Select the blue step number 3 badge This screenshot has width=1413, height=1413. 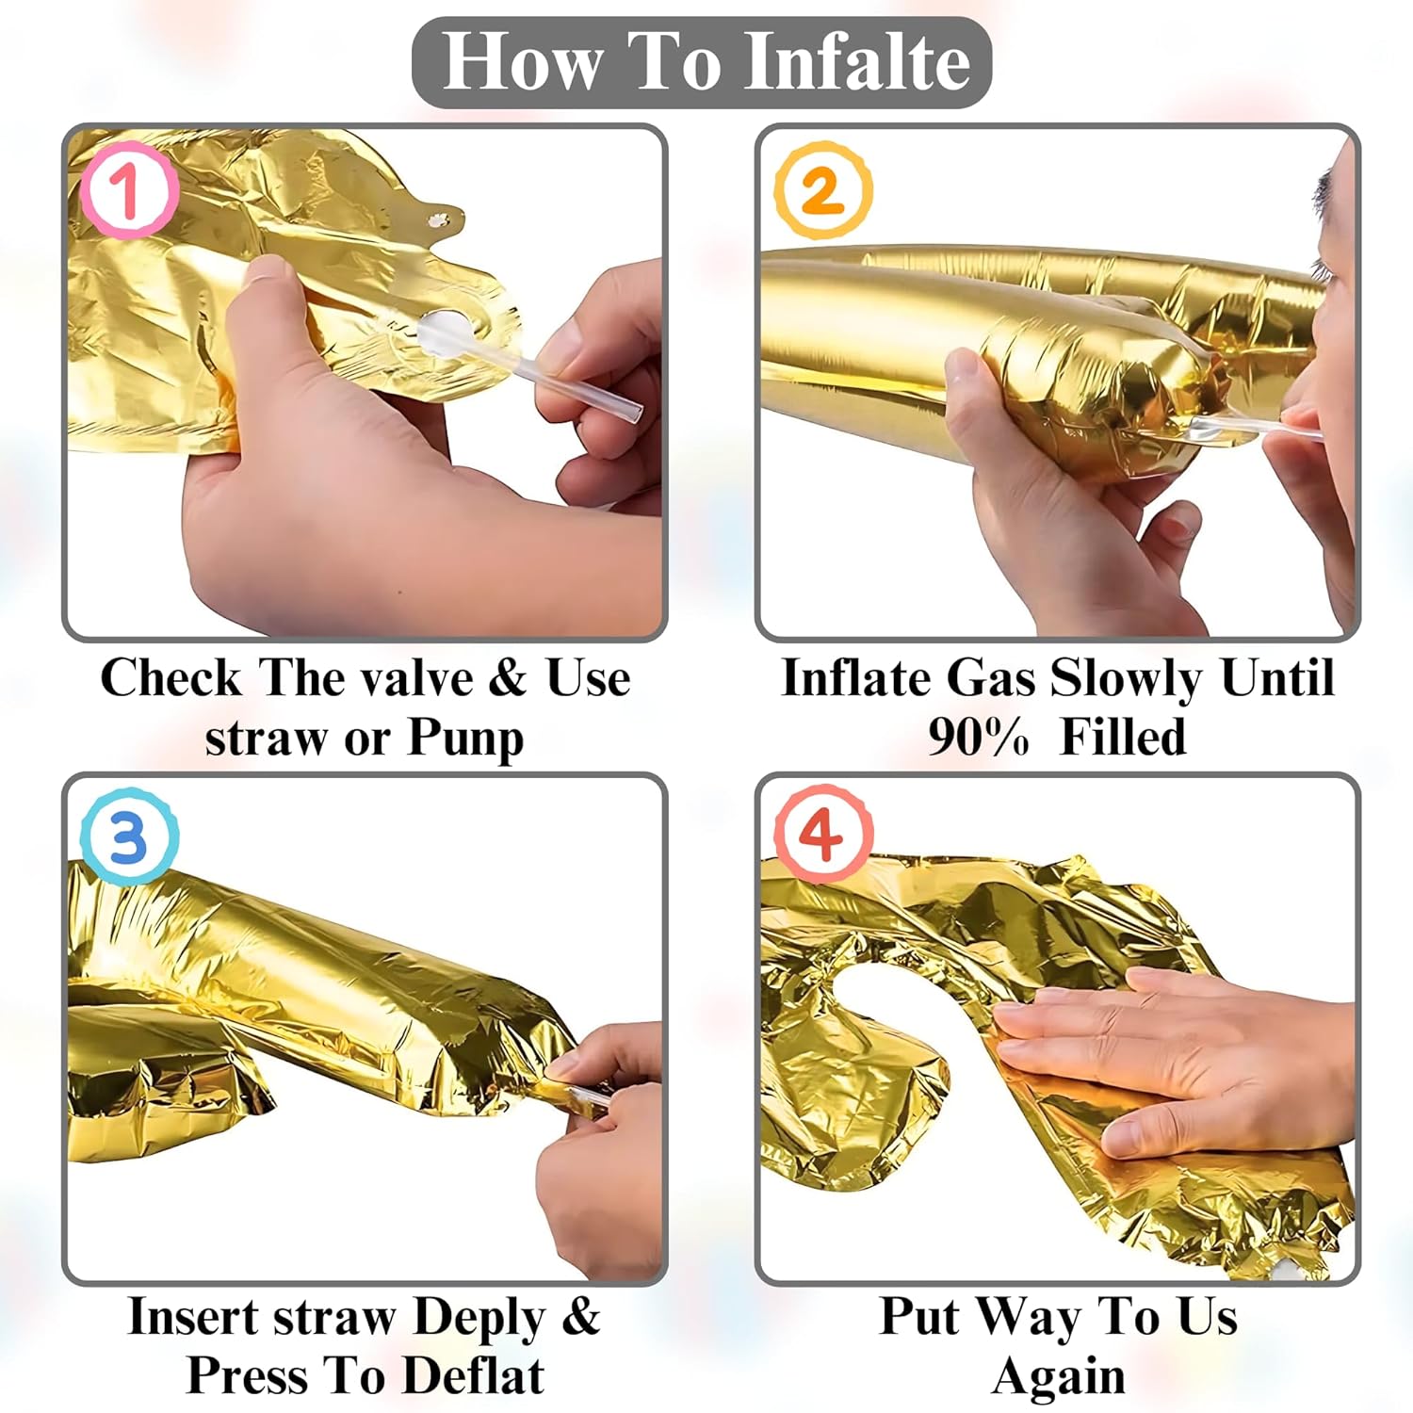[x=129, y=836]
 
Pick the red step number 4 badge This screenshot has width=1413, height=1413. [x=823, y=835]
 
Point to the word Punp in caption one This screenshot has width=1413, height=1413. [x=465, y=738]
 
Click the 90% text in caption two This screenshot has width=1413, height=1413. [x=978, y=737]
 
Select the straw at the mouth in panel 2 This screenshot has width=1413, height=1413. [x=1253, y=431]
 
